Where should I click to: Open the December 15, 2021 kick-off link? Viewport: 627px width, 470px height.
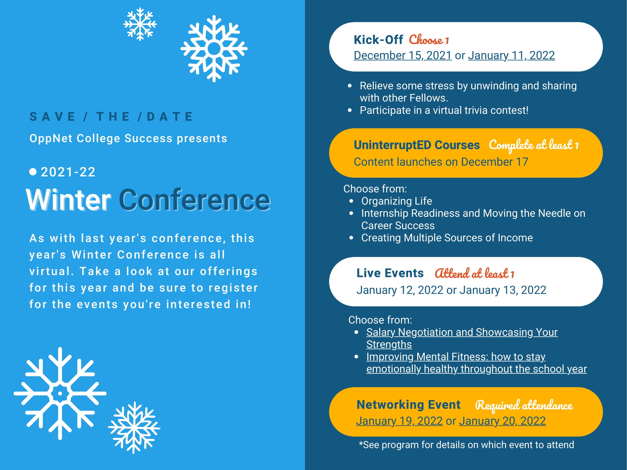403,56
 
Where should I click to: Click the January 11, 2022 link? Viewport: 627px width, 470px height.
512,56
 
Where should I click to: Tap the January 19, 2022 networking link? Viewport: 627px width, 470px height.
399,421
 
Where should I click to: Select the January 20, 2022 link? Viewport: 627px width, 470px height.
502,421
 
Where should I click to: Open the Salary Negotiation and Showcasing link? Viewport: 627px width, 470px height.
462,338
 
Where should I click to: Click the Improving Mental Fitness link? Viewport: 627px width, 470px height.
477,363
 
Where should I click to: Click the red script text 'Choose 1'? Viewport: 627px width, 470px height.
429,40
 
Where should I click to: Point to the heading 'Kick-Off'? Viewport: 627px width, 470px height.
378,40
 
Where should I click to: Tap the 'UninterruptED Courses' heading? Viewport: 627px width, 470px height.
417,145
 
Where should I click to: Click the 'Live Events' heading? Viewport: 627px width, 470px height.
390,273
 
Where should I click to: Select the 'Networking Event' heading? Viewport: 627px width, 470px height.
408,405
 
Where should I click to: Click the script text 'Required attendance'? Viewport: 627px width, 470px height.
524,405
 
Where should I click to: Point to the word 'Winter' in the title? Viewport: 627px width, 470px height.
69,200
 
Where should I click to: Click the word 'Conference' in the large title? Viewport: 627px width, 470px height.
195,200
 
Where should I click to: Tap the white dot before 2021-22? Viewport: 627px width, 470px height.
33,172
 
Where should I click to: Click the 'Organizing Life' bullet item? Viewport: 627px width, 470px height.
397,201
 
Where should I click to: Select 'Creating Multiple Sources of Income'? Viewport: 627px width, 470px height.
447,238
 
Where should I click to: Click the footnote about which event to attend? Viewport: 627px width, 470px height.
466,445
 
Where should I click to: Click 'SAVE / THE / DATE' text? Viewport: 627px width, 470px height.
111,117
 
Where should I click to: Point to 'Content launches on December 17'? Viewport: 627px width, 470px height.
441,162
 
